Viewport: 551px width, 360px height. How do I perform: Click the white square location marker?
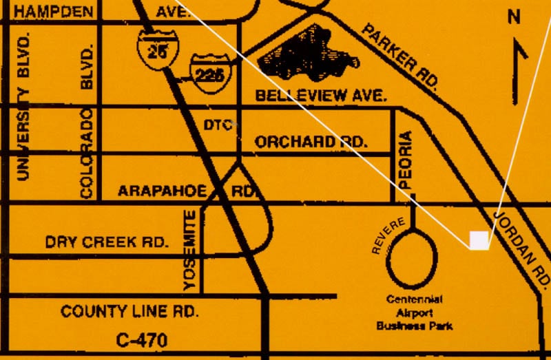coord(479,240)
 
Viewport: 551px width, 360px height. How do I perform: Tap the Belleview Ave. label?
coord(321,96)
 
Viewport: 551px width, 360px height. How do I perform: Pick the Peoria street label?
coord(406,160)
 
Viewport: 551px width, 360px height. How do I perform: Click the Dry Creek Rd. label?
coord(107,242)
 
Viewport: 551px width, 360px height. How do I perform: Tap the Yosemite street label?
coord(191,251)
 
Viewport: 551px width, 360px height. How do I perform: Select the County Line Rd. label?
coord(130,311)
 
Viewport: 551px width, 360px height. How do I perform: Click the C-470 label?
coord(142,339)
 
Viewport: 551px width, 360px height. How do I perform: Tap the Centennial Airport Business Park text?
coord(414,313)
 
